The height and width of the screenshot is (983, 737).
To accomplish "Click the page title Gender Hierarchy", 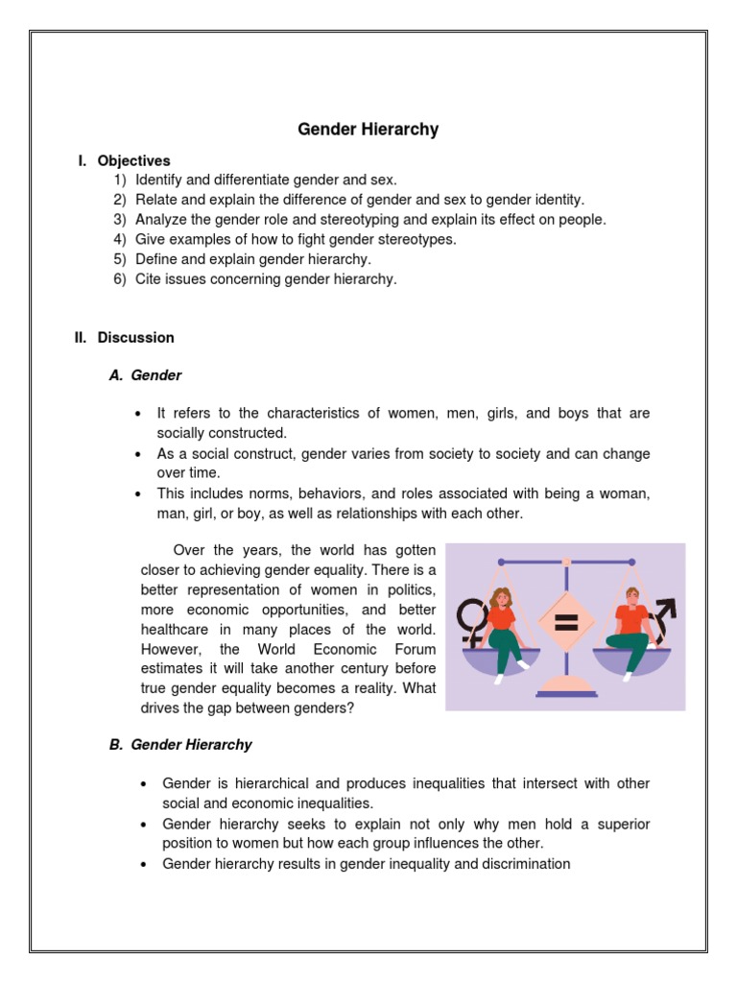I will click(x=368, y=130).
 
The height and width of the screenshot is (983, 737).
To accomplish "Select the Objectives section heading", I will click(x=133, y=160).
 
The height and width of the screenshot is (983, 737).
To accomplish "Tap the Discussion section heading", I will click(x=135, y=337).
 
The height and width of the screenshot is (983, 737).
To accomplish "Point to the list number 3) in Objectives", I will click(x=119, y=219).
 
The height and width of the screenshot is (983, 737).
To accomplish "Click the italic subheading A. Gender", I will click(x=146, y=375).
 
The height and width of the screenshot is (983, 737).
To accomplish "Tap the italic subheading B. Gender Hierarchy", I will click(x=181, y=744).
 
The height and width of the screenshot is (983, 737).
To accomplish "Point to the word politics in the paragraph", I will click(x=409, y=588).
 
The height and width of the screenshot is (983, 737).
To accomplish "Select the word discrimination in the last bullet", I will click(x=524, y=864).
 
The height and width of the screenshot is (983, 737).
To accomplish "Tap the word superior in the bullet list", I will click(x=620, y=824).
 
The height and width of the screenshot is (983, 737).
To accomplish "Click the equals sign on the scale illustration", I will click(x=566, y=623).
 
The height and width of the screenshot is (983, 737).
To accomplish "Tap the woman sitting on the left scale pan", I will click(x=504, y=629).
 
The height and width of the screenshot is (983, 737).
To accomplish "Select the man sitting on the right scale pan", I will click(x=630, y=629).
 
